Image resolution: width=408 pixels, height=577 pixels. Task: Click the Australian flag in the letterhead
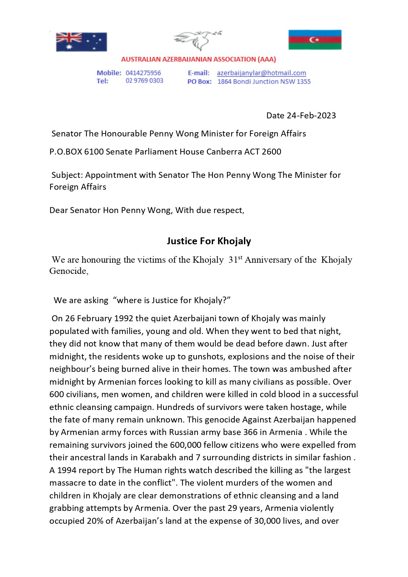(81, 42)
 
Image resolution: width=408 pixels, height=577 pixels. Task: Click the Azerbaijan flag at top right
(315, 39)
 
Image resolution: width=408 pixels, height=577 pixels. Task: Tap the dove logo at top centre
(197, 40)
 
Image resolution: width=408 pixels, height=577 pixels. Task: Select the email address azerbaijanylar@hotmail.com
(261, 73)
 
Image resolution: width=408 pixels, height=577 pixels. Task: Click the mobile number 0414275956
(143, 73)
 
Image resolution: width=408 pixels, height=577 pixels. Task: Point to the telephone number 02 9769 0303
(144, 81)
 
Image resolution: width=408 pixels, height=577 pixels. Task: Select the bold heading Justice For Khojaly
(209, 241)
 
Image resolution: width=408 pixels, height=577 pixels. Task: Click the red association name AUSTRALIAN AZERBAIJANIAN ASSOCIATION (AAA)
(198, 60)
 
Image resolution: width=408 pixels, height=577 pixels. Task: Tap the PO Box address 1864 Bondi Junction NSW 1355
(264, 82)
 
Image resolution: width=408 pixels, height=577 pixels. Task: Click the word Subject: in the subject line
(67, 175)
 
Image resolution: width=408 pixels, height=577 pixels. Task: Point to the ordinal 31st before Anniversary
(235, 259)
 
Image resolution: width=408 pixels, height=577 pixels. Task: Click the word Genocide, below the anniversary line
(69, 271)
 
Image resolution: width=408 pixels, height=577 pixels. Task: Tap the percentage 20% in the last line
(95, 521)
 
